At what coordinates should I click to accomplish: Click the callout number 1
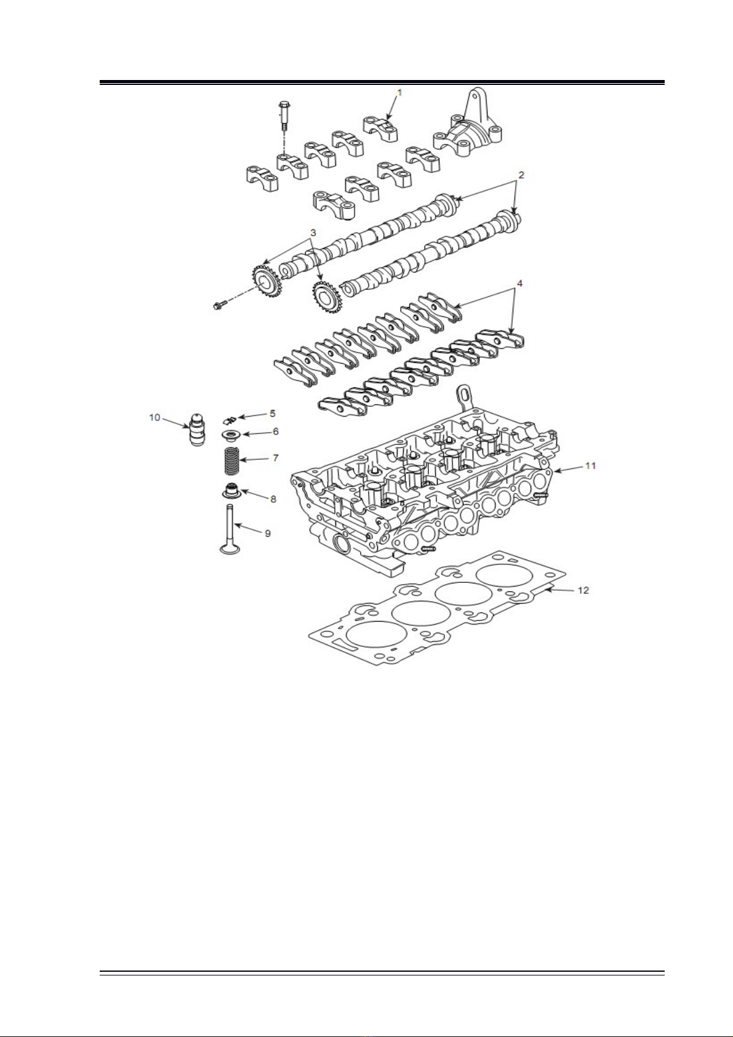(399, 92)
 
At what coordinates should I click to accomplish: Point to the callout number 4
(519, 283)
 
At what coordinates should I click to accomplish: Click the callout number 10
(154, 417)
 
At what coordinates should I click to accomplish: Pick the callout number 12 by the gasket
(583, 590)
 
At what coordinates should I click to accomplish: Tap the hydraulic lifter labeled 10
(198, 429)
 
